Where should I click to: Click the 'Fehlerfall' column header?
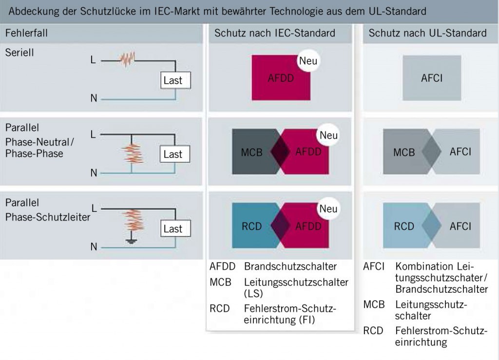click(x=26, y=33)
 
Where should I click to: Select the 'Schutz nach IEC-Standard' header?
click(x=275, y=33)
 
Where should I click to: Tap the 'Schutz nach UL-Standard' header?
click(x=427, y=33)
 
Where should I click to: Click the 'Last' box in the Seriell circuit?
click(x=173, y=80)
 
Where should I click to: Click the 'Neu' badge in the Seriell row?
click(x=308, y=61)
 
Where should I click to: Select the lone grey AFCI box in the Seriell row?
click(x=432, y=78)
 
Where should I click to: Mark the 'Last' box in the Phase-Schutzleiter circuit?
click(x=173, y=228)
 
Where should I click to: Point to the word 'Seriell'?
click(x=19, y=53)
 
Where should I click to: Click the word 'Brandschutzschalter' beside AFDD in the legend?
click(x=290, y=266)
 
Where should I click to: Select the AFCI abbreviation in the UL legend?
click(x=374, y=266)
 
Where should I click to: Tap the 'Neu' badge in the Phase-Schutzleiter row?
click(x=328, y=209)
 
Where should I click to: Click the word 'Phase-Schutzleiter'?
click(x=48, y=217)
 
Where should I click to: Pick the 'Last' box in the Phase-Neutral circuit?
click(x=173, y=154)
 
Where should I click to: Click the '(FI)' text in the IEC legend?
click(x=307, y=320)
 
